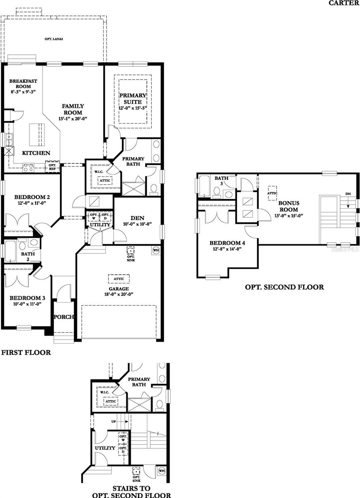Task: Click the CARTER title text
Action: click(344, 3)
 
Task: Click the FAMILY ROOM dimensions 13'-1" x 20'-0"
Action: click(73, 119)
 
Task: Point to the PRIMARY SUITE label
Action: click(132, 98)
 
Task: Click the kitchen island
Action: click(36, 135)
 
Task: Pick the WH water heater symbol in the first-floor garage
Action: click(156, 251)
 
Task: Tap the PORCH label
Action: click(63, 317)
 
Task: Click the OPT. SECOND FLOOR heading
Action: click(284, 287)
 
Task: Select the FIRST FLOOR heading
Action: click(26, 353)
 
